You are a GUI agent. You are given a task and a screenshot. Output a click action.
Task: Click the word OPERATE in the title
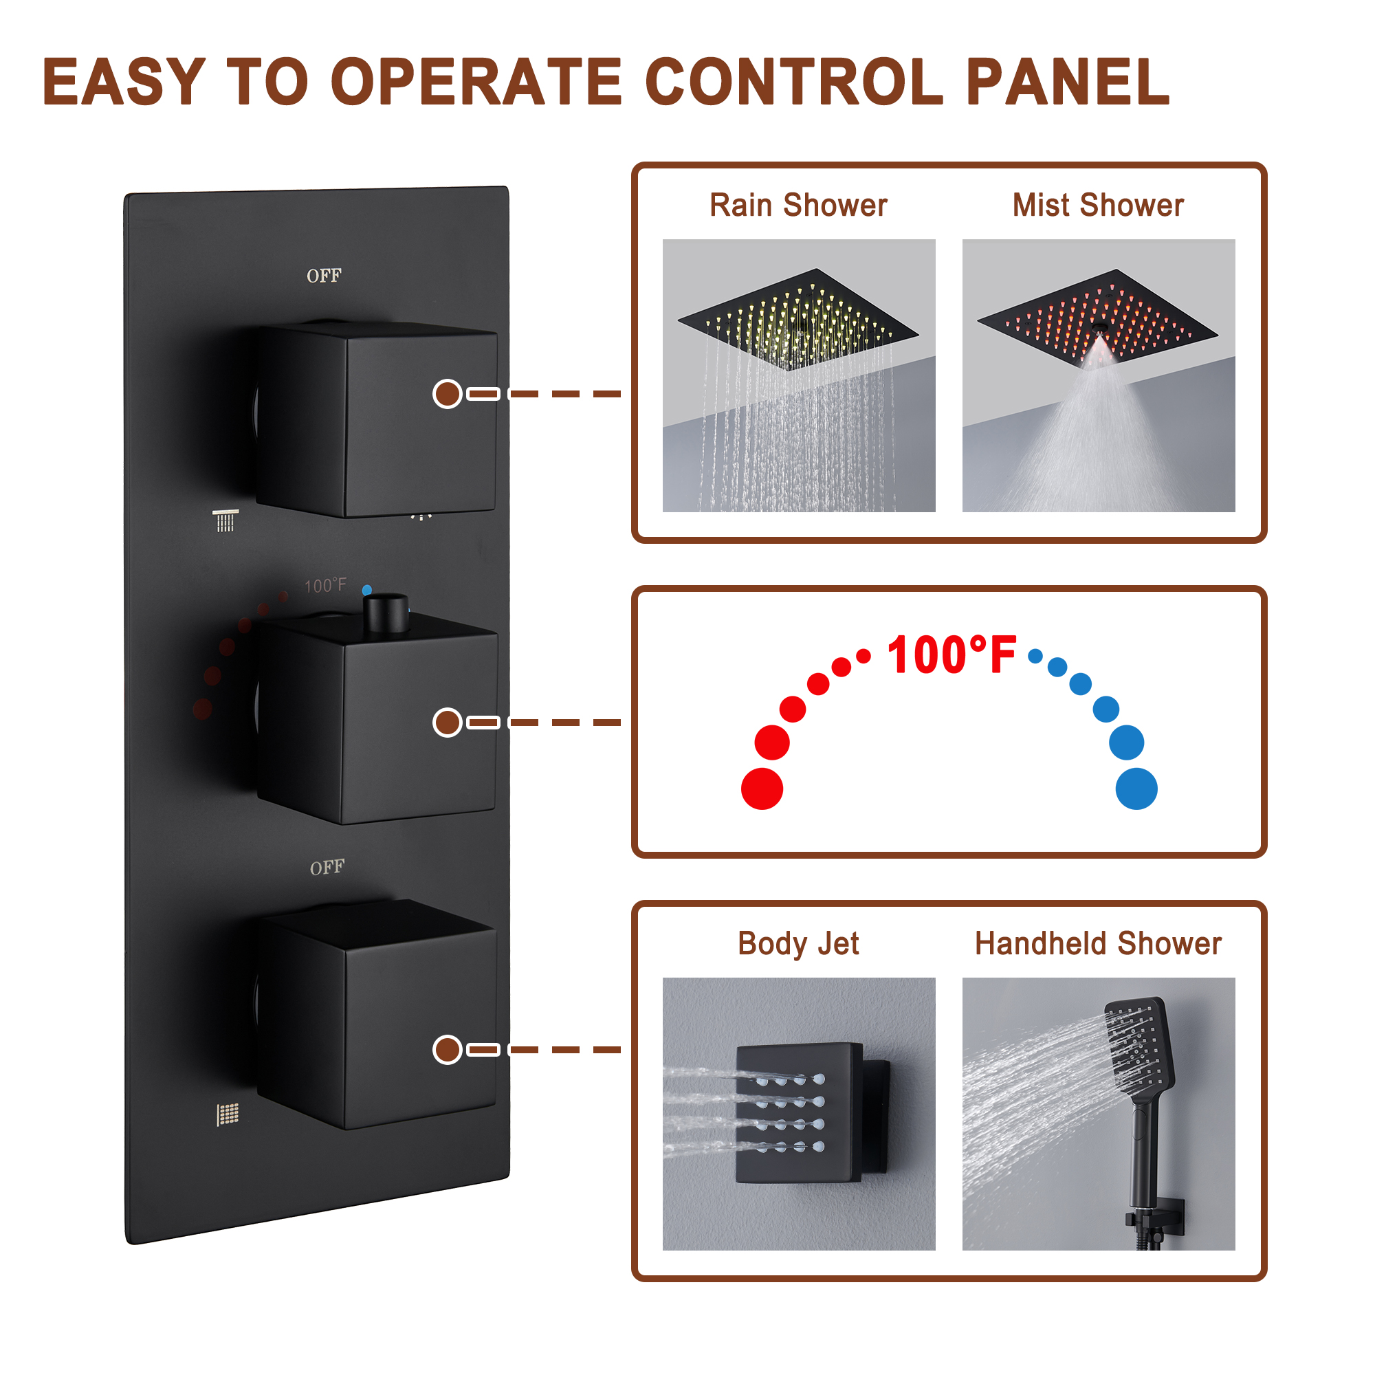coord(476,82)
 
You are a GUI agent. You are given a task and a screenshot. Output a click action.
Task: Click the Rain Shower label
coord(798,205)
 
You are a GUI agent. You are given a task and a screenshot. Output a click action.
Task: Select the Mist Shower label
coord(1098,205)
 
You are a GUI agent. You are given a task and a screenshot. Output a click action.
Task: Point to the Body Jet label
coord(798,944)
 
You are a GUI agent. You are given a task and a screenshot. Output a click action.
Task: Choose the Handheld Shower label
coord(1098,944)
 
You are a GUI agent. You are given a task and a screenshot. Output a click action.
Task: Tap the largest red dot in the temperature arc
coord(762,789)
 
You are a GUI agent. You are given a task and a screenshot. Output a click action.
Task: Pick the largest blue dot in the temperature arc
coord(1136,789)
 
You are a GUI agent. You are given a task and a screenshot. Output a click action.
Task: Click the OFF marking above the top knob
coord(324,276)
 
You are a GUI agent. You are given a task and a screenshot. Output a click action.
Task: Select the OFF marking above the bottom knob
coord(327,868)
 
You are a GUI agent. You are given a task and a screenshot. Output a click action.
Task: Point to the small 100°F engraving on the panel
coord(325,585)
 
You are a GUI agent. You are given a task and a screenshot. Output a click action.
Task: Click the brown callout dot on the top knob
coord(448,393)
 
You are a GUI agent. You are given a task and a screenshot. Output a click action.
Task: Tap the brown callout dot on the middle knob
coord(448,723)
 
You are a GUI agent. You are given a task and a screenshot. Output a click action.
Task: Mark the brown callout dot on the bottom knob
coord(448,1050)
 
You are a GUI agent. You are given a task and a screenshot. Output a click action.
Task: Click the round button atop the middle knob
coord(386,612)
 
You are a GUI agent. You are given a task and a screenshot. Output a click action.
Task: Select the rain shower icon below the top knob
coord(225,520)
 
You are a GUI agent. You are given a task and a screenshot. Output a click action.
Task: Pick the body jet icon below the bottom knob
coord(228,1114)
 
